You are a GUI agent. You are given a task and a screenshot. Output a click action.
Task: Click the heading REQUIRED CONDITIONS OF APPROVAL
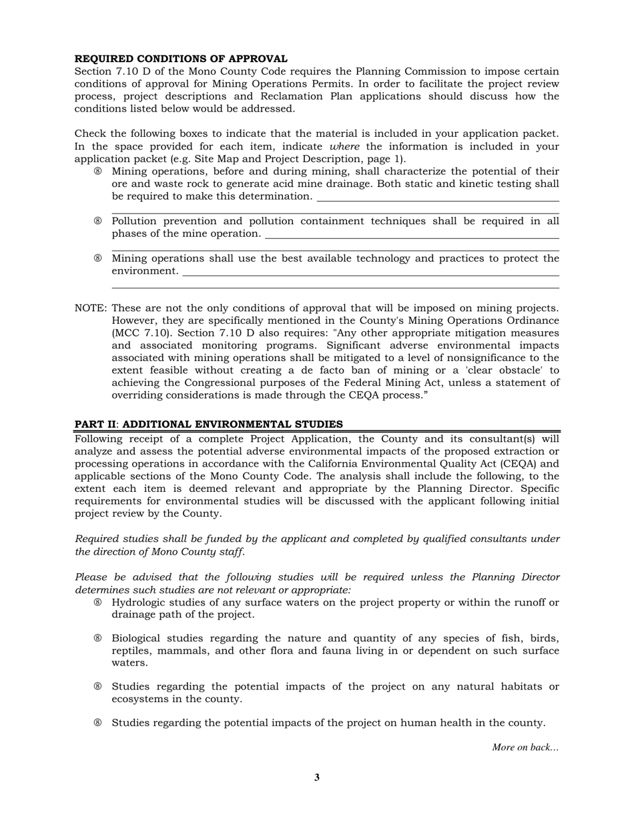pos(181,59)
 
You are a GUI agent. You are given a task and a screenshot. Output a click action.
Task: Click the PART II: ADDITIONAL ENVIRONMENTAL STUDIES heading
pos(208,425)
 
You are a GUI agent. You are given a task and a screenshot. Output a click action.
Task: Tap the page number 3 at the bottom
pos(317,777)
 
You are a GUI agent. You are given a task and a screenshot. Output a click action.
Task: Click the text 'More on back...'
pos(525,748)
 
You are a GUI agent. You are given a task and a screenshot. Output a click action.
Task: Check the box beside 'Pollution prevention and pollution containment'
pos(98,222)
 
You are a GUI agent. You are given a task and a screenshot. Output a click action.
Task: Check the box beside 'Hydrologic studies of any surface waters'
pos(98,603)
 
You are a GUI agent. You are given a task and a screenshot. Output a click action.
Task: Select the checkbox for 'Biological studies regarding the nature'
pos(98,639)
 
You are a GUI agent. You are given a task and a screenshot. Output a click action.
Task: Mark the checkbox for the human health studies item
pos(98,723)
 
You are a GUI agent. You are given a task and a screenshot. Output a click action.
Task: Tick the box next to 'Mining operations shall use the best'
pos(98,259)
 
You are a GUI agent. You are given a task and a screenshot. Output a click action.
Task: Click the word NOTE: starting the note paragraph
pos(90,308)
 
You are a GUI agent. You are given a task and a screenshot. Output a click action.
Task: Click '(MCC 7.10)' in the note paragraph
pos(139,333)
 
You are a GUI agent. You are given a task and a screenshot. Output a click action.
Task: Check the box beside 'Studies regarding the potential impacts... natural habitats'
pos(98,687)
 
